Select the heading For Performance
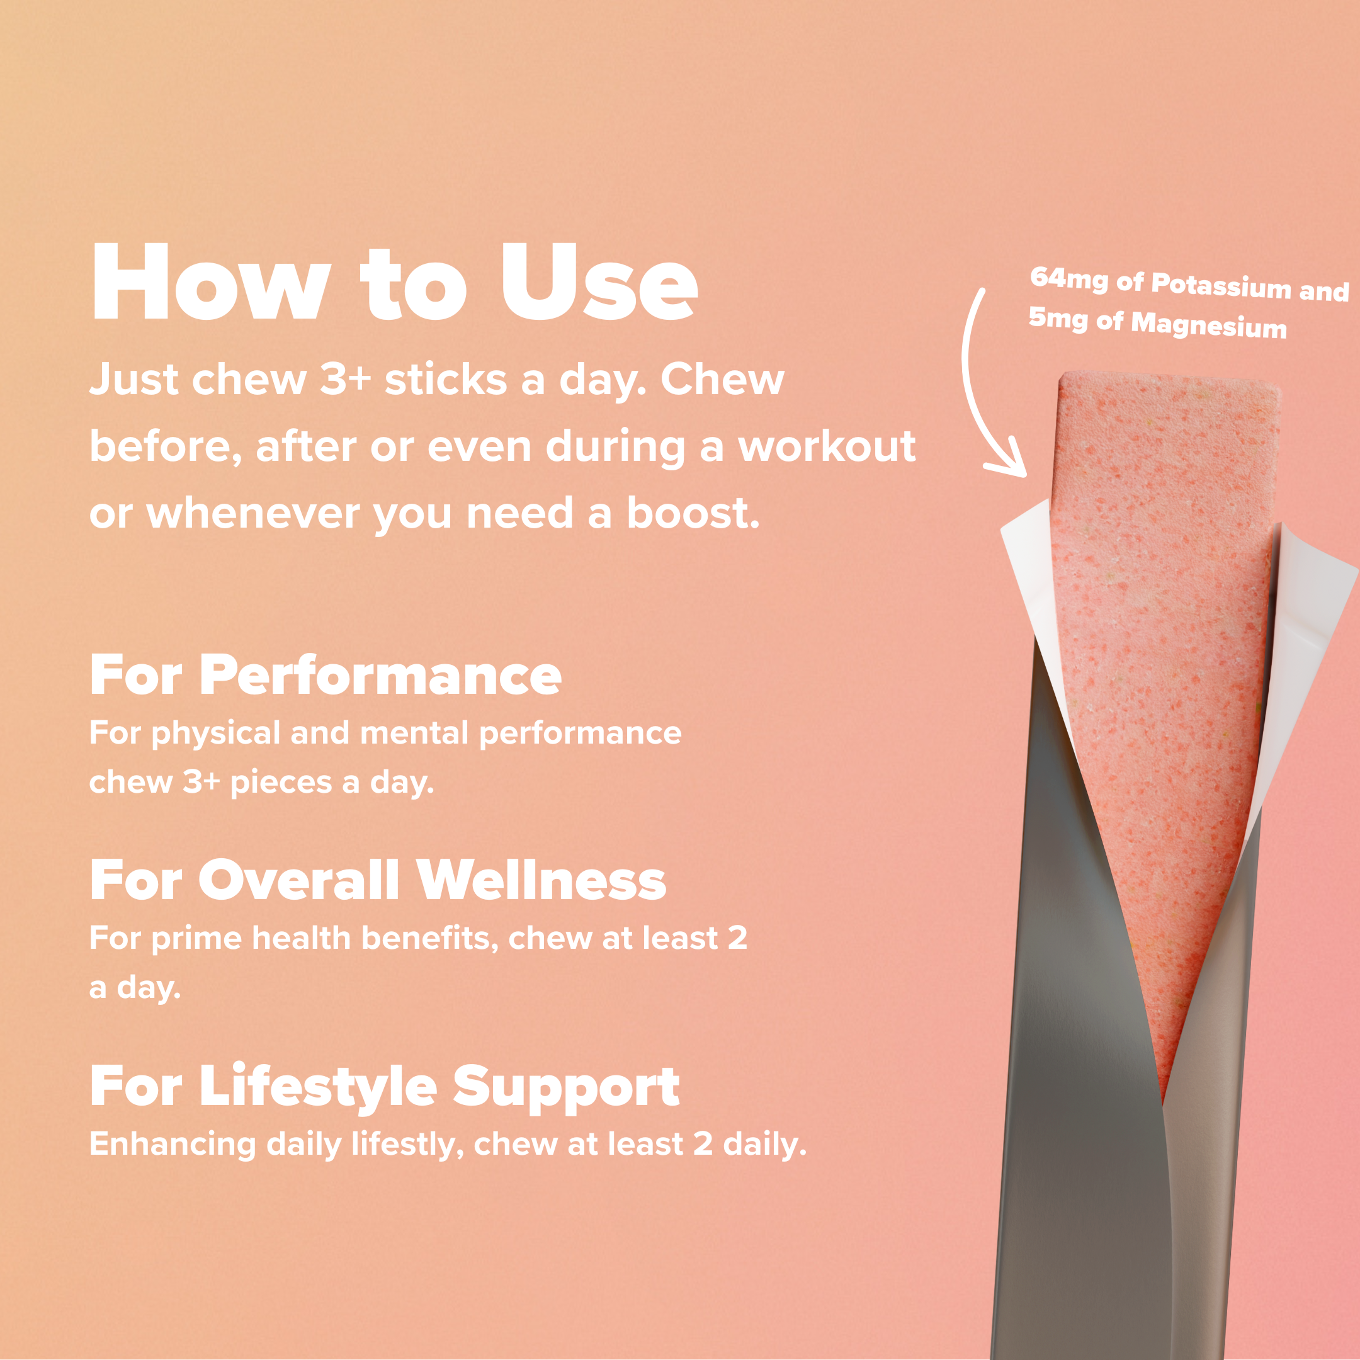326,675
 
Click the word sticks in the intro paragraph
446,380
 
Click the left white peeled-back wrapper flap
1031,577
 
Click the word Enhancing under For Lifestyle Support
172,1145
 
